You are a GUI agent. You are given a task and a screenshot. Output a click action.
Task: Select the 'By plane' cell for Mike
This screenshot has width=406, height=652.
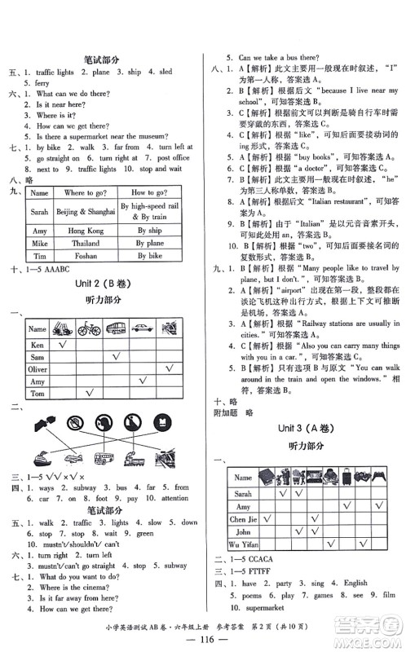coord(150,243)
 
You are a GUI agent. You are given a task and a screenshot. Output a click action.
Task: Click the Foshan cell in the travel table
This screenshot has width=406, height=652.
coord(86,255)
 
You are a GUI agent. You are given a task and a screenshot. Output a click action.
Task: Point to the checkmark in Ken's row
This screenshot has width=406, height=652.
coord(60,345)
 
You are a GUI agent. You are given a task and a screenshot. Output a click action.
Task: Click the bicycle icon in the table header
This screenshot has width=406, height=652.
coord(88,329)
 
